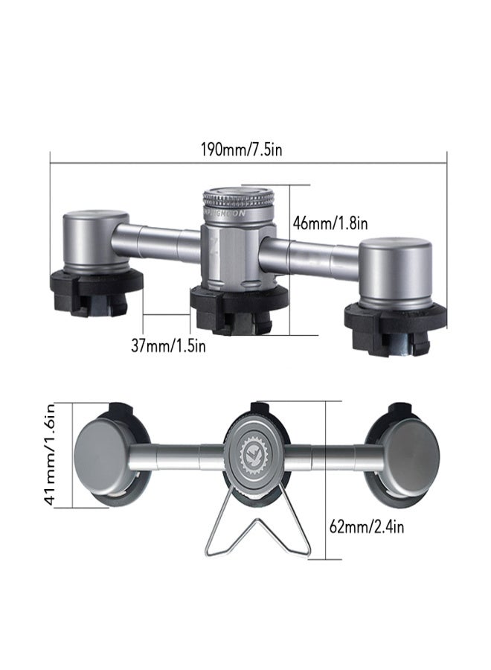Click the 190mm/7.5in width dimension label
click(241, 149)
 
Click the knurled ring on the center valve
click(239, 200)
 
